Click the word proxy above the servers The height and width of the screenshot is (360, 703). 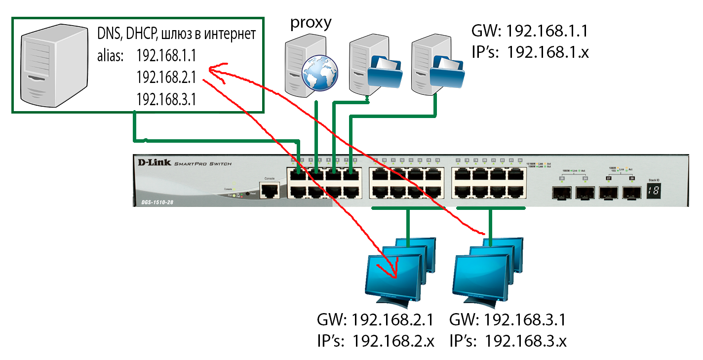[311, 23]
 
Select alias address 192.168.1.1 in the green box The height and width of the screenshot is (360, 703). [166, 56]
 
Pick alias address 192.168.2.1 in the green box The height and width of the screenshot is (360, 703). [166, 78]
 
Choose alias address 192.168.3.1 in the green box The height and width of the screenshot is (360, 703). [166, 100]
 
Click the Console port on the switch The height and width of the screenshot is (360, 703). [269, 190]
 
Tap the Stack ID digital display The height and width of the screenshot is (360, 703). [653, 191]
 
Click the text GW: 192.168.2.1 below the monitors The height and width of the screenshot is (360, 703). [375, 320]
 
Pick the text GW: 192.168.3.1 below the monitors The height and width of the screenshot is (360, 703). [508, 320]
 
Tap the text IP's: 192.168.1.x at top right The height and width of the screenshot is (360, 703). [530, 52]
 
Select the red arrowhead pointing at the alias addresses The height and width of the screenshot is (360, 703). [212, 68]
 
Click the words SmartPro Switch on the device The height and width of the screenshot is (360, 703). [202, 164]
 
